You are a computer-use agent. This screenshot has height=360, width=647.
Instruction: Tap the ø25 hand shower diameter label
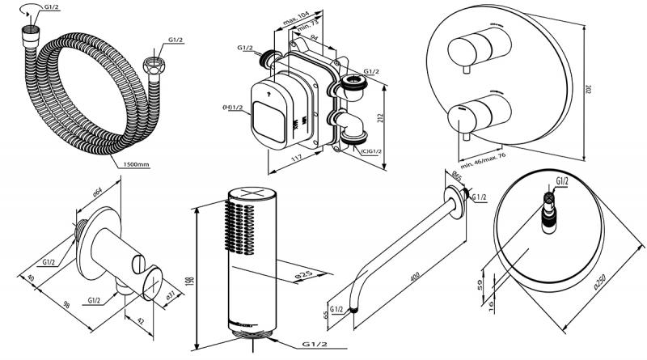(284, 272)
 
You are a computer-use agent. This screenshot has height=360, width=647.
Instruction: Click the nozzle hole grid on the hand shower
(236, 227)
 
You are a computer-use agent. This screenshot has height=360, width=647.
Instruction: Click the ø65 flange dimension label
(457, 176)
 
